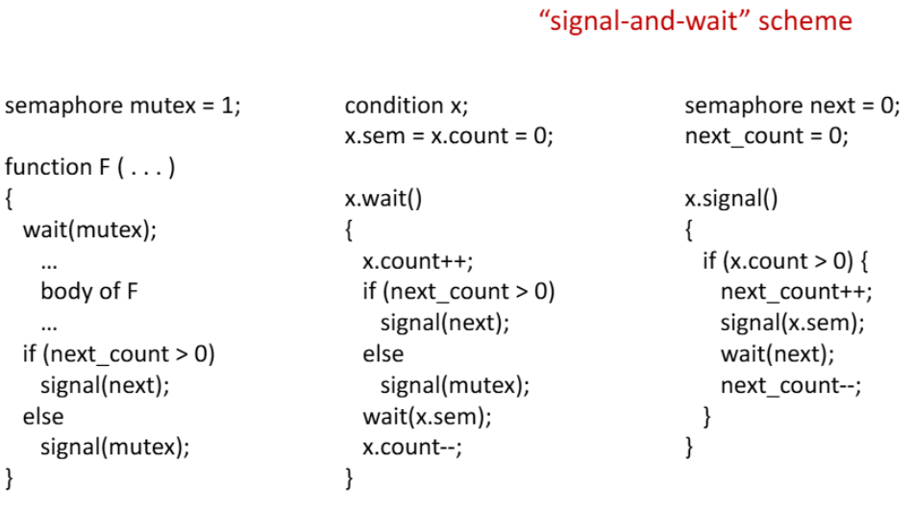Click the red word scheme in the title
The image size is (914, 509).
tap(805, 21)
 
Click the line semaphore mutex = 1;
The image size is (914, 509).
tap(122, 106)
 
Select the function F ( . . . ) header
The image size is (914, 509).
tap(89, 168)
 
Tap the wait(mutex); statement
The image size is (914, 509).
tap(89, 230)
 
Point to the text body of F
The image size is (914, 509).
tap(89, 291)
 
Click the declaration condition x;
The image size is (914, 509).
tap(407, 106)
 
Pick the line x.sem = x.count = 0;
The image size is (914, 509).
tap(449, 136)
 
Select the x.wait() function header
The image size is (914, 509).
tap(383, 199)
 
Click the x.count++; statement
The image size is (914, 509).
tap(418, 261)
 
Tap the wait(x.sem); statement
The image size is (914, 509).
tap(428, 417)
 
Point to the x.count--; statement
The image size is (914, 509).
tap(412, 448)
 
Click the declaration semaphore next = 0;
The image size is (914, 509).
tap(792, 106)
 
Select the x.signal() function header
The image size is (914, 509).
tap(731, 199)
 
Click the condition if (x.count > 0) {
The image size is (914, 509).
tap(785, 261)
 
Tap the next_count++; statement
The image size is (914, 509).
tap(796, 292)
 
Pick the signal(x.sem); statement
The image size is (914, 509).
tap(793, 324)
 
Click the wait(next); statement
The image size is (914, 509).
tap(778, 354)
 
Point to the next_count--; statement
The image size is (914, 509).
tap(791, 386)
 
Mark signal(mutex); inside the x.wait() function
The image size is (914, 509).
tap(455, 385)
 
